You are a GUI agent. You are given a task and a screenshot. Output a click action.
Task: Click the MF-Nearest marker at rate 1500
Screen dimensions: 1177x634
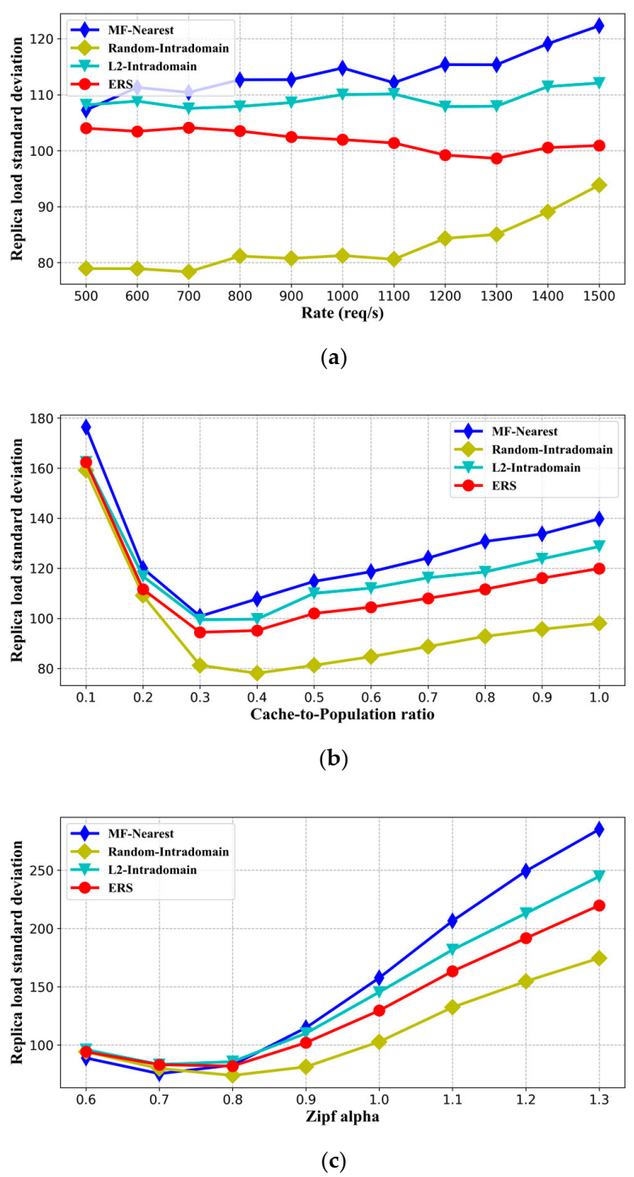click(x=598, y=26)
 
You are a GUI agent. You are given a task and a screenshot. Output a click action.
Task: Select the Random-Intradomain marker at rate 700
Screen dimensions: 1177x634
click(x=188, y=272)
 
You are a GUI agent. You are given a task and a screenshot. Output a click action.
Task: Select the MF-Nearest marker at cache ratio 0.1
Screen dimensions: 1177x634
click(x=86, y=427)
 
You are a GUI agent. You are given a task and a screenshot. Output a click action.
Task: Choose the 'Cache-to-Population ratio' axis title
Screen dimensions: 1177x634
click(x=342, y=714)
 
